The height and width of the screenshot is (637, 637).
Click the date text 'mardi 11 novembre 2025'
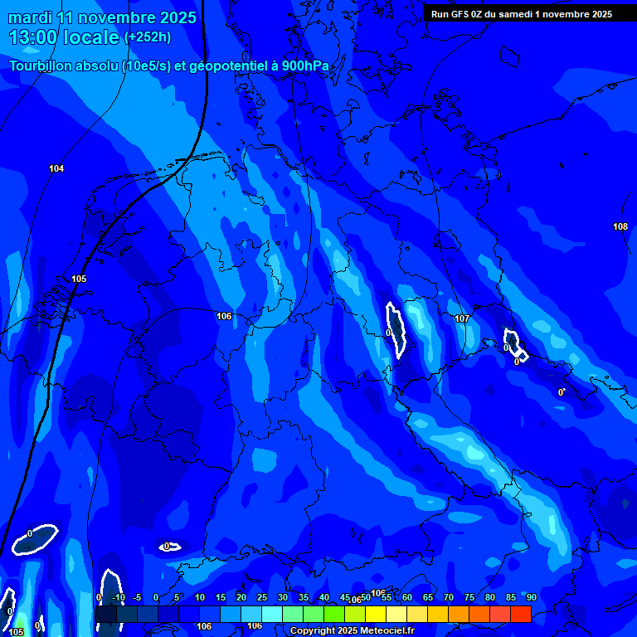click(x=103, y=17)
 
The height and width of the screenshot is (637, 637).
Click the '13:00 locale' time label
click(x=65, y=37)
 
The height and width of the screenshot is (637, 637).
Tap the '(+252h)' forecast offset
click(x=148, y=37)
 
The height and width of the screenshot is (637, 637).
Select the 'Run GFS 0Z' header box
click(x=522, y=13)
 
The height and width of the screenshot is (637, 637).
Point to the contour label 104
click(x=56, y=168)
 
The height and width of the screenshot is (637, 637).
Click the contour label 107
click(x=463, y=318)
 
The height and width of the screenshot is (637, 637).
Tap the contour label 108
click(x=620, y=226)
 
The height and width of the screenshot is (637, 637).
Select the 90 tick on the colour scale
click(x=531, y=597)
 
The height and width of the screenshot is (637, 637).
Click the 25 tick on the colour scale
click(x=261, y=597)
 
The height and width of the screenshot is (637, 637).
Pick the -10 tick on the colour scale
click(x=119, y=597)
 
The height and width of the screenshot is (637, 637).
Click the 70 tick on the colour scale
click(x=448, y=597)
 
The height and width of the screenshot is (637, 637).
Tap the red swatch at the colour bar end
click(x=520, y=614)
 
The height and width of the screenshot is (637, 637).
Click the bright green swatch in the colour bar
click(x=333, y=614)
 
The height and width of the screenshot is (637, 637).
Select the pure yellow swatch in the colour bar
click(x=375, y=614)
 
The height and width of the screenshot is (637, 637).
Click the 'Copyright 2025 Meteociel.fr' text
click(x=352, y=631)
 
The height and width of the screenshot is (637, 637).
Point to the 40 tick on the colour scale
click(x=323, y=597)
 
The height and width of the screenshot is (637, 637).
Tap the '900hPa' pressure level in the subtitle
click(x=305, y=66)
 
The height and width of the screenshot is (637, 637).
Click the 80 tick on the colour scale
click(x=489, y=597)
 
